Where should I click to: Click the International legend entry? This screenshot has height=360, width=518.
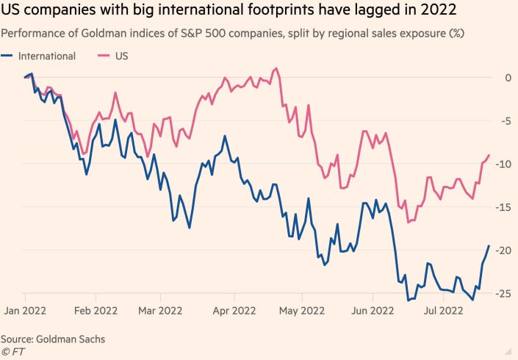[46, 56]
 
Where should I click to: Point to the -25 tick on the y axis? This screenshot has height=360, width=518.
[505, 295]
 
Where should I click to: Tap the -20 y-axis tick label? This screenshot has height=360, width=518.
[505, 251]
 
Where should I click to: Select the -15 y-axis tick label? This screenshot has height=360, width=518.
[505, 208]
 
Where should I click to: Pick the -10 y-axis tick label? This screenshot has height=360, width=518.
[505, 164]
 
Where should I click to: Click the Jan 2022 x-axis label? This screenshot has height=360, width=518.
[27, 311]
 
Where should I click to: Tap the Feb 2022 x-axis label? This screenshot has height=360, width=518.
[96, 311]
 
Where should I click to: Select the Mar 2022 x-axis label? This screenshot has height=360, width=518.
[161, 311]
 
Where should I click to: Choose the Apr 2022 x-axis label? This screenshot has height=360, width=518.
[233, 311]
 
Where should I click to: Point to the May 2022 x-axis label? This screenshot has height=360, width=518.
[302, 311]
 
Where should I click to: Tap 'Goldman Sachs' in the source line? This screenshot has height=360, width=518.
[71, 339]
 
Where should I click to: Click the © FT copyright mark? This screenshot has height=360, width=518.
[12, 351]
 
